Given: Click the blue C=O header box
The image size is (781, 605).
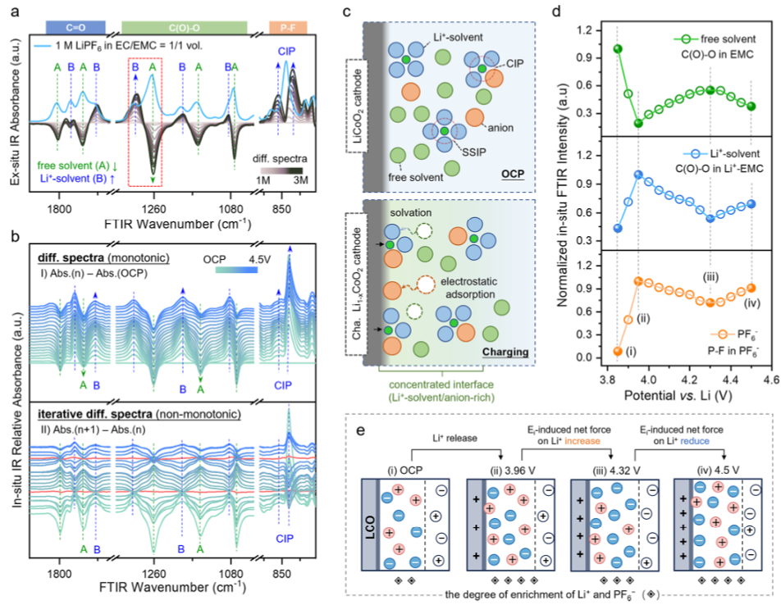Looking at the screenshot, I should [x=75, y=27].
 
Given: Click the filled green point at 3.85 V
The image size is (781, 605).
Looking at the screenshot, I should [x=618, y=49].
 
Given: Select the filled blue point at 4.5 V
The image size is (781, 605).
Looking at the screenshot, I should [x=751, y=204].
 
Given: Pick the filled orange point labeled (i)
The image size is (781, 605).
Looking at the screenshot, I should [x=618, y=351].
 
